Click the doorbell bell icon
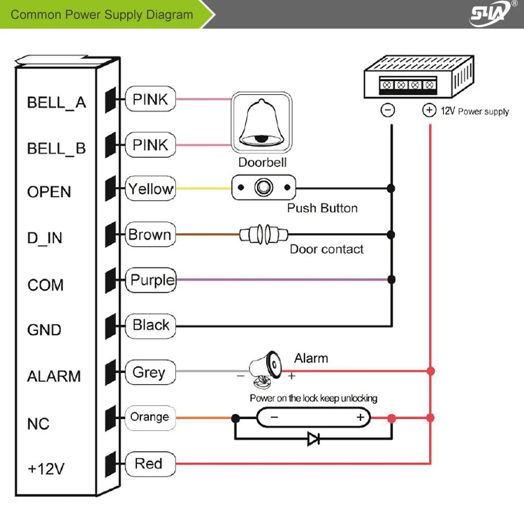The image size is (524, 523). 261,124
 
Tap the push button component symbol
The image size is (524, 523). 264,189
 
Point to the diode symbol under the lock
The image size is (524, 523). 314,439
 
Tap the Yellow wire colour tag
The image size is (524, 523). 150,189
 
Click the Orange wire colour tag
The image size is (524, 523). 150,418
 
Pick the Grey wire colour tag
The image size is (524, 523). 150,372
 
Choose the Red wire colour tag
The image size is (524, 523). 150,464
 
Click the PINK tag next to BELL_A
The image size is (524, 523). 150,100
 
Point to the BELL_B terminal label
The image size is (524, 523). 57,148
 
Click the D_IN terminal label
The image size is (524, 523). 45,238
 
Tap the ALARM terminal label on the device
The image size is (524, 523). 54,376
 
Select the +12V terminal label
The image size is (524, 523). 45,469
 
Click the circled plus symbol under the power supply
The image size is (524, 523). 430,110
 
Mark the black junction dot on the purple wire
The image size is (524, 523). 391,280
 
